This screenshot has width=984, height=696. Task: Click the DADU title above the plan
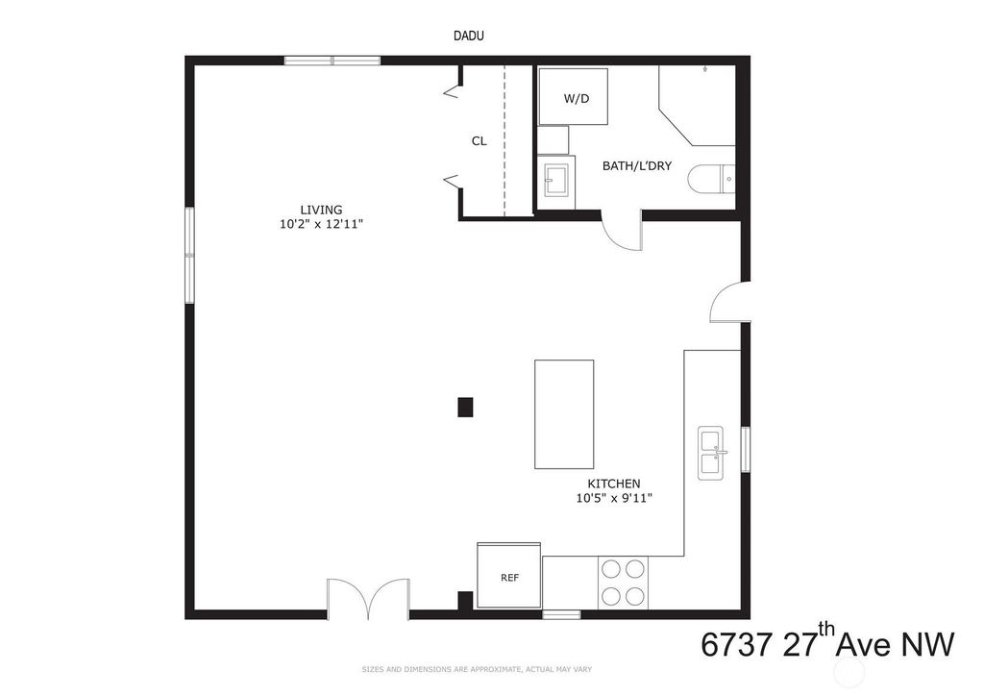point(469,36)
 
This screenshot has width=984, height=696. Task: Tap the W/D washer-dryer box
point(573,97)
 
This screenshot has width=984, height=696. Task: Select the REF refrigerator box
point(509,576)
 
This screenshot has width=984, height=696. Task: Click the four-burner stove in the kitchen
point(623,582)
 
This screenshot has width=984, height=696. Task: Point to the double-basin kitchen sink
point(711,453)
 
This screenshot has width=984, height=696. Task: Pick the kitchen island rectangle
point(564,414)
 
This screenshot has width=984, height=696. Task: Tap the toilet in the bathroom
point(711,179)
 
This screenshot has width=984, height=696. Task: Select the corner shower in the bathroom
point(698,106)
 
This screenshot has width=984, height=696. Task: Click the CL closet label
point(479,141)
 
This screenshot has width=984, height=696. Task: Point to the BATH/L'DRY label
point(637,165)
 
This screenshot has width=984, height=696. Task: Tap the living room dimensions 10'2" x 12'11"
point(322,223)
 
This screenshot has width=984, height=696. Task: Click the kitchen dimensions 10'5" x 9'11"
point(614,498)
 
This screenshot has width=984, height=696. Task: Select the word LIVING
point(321,210)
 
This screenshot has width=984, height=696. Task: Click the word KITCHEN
point(614,484)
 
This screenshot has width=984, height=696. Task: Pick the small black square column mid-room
point(465,408)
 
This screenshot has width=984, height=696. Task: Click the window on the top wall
point(332,61)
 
